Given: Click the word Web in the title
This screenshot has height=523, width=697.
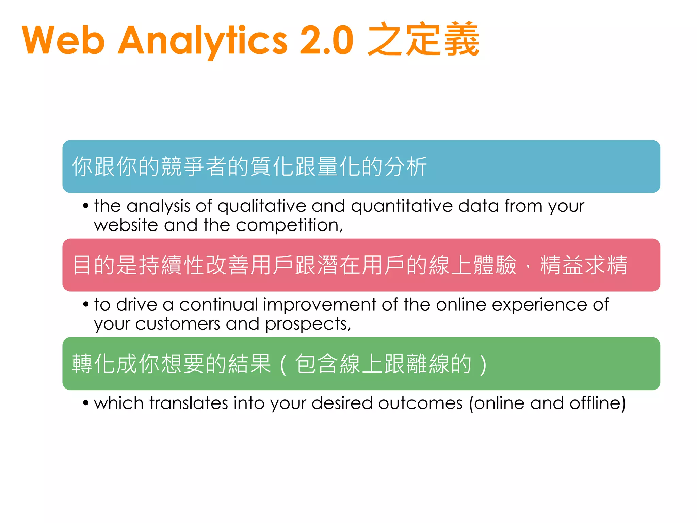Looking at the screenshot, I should (63, 40).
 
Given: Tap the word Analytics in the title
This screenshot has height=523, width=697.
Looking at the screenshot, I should (202, 40).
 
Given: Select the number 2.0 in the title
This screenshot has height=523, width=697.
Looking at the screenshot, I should (326, 40).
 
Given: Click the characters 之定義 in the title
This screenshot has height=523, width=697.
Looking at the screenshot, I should (423, 39).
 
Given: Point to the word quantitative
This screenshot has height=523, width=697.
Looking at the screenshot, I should (402, 206).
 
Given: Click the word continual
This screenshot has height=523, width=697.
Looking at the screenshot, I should (218, 304).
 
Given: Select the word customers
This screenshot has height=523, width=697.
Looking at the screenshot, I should (178, 324).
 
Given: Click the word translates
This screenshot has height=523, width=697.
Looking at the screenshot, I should (189, 403).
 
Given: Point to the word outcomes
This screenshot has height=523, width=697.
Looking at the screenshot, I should (420, 403).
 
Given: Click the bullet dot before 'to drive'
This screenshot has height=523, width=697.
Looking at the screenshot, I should (86, 304).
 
